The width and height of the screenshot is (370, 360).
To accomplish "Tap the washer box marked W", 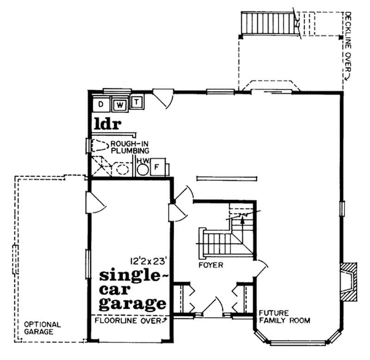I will click(120, 105).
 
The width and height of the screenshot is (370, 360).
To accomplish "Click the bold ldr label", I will click(107, 123).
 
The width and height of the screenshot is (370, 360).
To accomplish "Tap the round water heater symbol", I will click(143, 170).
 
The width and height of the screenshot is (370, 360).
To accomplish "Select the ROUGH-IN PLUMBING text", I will click(129, 147).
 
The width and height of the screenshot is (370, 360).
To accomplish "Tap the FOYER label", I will click(212, 265).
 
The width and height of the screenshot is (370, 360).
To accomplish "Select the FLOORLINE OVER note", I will click(130, 320).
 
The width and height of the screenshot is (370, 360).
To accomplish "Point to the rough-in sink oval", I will click(122, 169).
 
